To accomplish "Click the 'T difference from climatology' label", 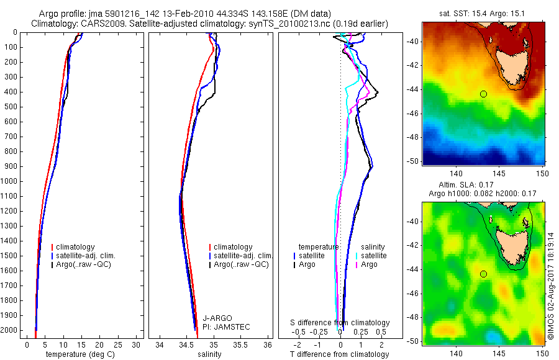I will tap(340, 354).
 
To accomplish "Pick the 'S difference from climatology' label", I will tap(340, 323).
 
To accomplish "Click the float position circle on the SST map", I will tap(483, 94).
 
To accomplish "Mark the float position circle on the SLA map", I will tap(483, 274).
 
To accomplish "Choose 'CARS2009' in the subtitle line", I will tap(100, 24).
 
